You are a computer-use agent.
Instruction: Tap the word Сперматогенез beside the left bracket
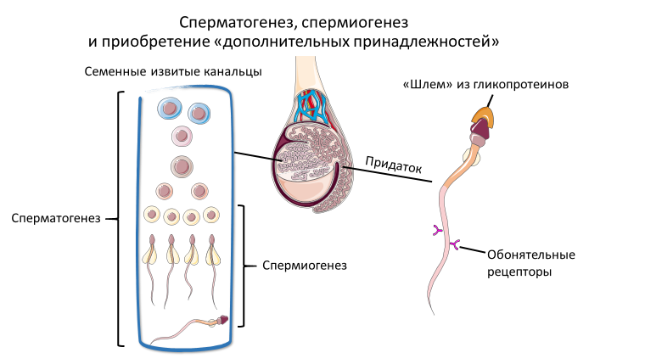56,217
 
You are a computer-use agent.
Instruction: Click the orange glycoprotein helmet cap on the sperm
483,115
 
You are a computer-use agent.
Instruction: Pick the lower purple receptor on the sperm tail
454,246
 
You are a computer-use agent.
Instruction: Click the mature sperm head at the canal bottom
223,320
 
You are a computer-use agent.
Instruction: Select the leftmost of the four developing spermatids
153,248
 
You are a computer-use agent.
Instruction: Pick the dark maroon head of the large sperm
482,129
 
